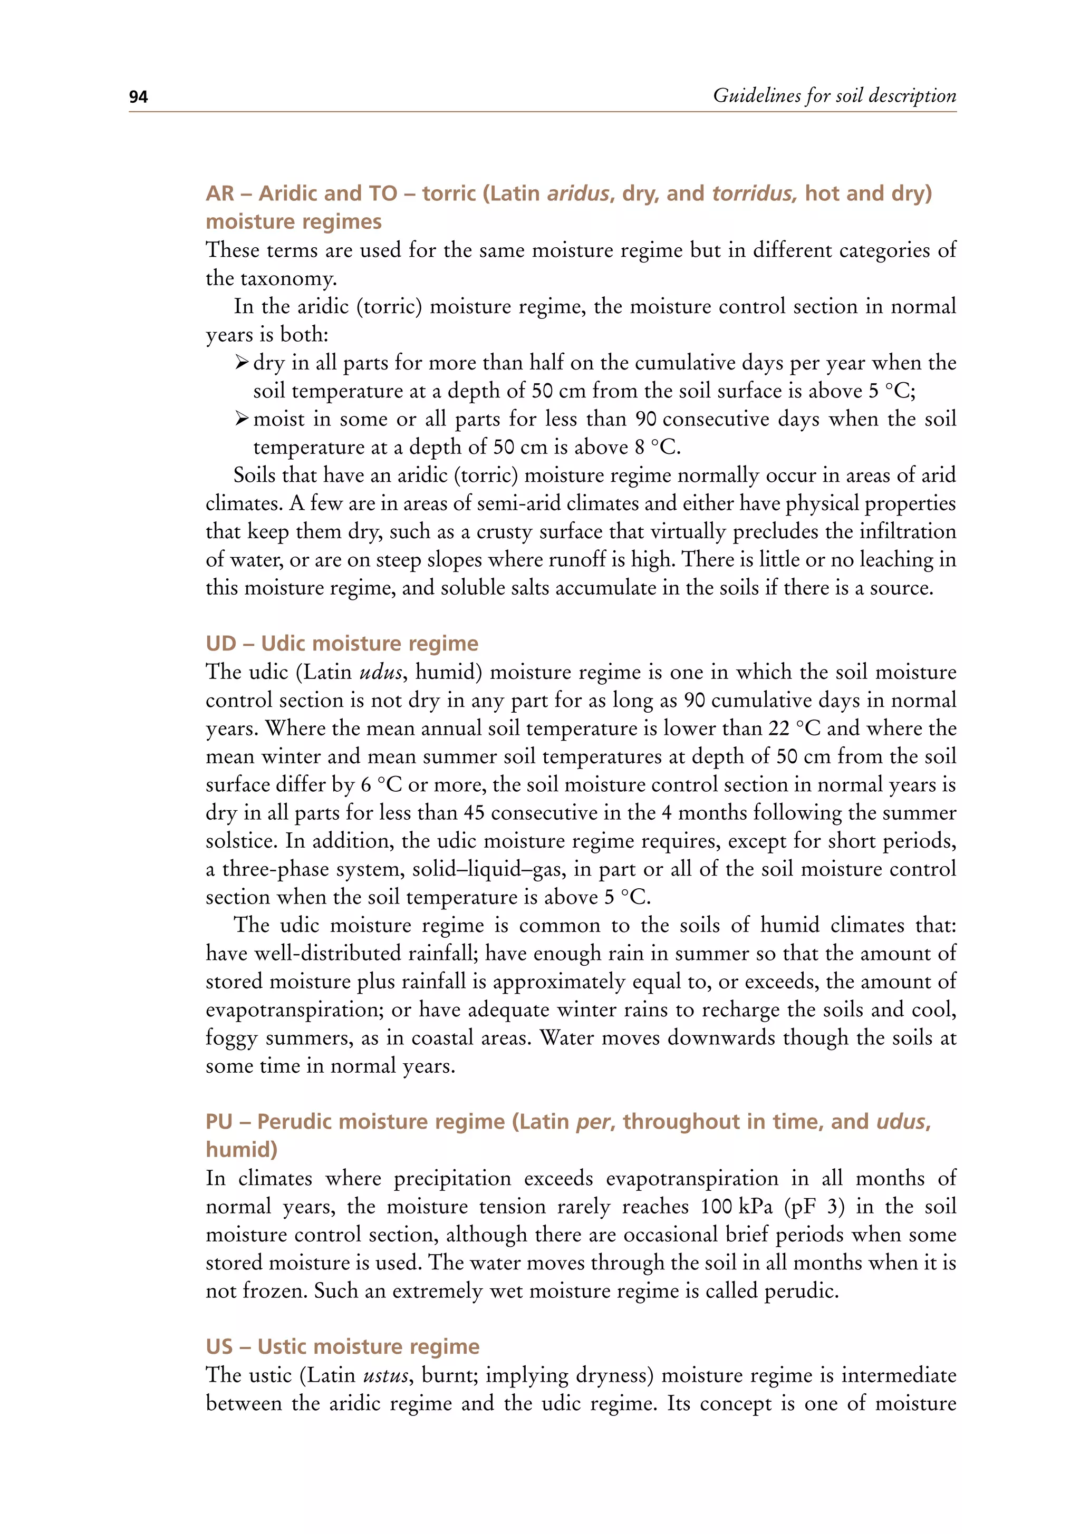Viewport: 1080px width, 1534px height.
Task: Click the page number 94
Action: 138,98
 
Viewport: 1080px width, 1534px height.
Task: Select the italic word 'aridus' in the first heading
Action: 578,194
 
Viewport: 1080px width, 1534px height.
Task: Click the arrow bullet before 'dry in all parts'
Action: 242,363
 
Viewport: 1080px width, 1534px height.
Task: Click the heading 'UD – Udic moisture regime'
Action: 342,644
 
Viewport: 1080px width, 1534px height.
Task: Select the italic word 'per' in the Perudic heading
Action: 593,1122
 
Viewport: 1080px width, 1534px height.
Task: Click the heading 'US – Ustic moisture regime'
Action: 342,1346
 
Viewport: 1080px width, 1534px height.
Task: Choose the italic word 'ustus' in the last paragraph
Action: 385,1376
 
